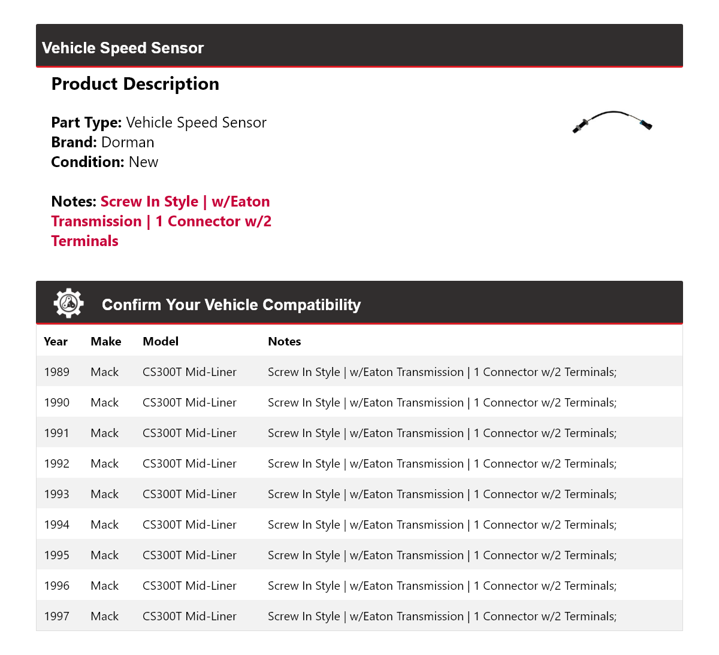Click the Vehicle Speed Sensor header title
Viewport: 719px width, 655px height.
coord(123,48)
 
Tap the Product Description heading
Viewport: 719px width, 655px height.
coord(135,84)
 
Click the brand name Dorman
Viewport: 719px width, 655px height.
coord(128,142)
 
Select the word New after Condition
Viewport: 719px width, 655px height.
coord(143,162)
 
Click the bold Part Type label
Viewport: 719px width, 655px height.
coord(86,123)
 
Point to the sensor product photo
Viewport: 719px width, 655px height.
coord(612,120)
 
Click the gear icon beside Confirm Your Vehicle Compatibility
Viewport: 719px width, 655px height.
coord(68,304)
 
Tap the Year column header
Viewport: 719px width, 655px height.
coord(56,341)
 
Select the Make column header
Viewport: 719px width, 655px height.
coord(106,341)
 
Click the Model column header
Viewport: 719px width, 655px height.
coord(161,341)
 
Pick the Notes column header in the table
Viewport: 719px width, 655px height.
coord(285,341)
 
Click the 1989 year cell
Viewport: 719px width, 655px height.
coord(56,372)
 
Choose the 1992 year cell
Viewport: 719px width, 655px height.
coord(56,463)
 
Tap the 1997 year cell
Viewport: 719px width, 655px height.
coord(56,616)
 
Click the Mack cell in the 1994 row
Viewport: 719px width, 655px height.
coord(105,524)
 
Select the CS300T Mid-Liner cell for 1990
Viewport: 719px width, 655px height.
coord(189,402)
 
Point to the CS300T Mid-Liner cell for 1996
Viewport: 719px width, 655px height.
coord(189,586)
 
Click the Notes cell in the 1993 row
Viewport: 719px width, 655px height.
coord(442,494)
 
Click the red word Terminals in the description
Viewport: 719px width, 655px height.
coord(85,241)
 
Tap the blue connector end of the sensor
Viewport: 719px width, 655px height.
coord(646,125)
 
